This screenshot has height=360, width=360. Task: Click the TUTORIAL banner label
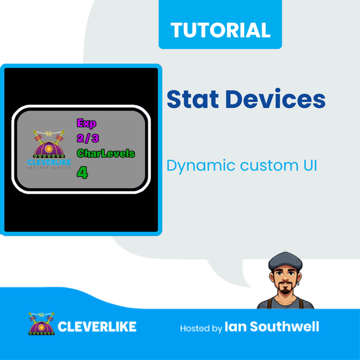point(220,29)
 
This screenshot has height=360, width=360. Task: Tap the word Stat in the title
point(190,100)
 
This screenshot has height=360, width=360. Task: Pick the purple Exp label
point(87,124)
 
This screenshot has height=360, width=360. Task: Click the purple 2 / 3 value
point(87,138)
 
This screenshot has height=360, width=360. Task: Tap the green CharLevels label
point(106,153)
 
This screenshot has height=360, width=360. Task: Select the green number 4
point(82,172)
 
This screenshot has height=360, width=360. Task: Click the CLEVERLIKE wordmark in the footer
point(97,326)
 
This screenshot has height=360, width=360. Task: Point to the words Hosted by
point(201,328)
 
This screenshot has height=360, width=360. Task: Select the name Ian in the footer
point(235,326)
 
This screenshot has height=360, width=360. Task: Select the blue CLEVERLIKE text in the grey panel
point(49,163)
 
